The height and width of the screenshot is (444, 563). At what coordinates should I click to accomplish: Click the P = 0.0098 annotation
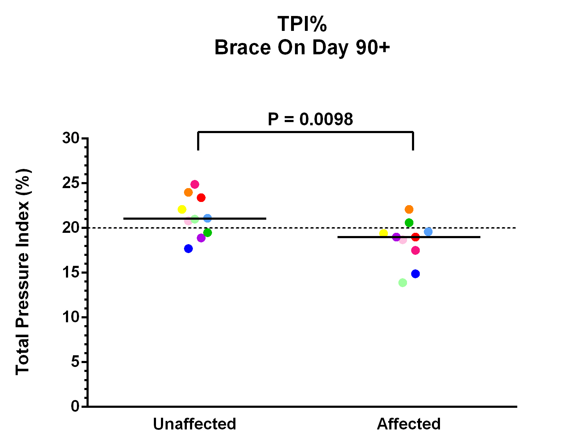click(x=310, y=119)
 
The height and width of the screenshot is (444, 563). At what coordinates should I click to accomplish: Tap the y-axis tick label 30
click(x=71, y=138)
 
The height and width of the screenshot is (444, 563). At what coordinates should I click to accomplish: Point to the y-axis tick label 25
click(x=71, y=183)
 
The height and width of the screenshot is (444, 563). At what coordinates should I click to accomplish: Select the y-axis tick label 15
click(x=71, y=273)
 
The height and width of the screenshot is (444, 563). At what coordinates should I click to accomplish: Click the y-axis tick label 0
click(x=75, y=406)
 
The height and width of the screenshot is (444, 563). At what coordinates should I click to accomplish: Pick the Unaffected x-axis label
click(x=194, y=424)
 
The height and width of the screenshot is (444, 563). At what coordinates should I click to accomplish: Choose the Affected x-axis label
click(x=408, y=424)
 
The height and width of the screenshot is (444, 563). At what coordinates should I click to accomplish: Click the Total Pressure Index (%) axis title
click(x=23, y=272)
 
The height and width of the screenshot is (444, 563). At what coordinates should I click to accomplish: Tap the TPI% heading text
click(x=302, y=24)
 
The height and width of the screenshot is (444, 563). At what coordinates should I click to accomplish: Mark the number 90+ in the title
click(x=373, y=47)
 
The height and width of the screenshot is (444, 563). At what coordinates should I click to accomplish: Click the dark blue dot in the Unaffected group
click(x=188, y=249)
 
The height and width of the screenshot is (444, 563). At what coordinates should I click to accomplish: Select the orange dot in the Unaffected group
click(x=188, y=192)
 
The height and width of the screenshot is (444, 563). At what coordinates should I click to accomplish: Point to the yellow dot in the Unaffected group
click(x=182, y=209)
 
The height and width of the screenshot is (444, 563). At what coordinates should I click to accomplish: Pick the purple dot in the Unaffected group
click(x=201, y=238)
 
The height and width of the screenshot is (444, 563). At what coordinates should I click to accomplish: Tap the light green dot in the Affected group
click(x=402, y=283)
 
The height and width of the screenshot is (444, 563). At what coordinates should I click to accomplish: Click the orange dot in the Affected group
click(x=409, y=209)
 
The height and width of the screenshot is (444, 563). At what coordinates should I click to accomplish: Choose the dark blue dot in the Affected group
click(x=415, y=274)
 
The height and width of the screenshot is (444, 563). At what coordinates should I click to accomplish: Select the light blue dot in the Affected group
click(x=428, y=232)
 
